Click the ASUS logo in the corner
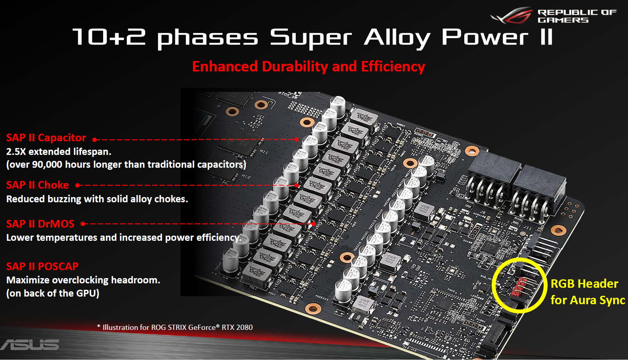pos(30,345)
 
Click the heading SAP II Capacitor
pos(46,138)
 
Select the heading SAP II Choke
pos(37,185)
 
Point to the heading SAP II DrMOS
pos(40,224)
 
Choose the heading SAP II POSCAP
pos(42,266)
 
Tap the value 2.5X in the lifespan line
pos(16,152)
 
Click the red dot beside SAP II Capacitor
pos(95,140)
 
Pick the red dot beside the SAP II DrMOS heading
pos(83,224)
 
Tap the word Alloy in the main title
pos(397,38)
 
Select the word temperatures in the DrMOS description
pos(67,238)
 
